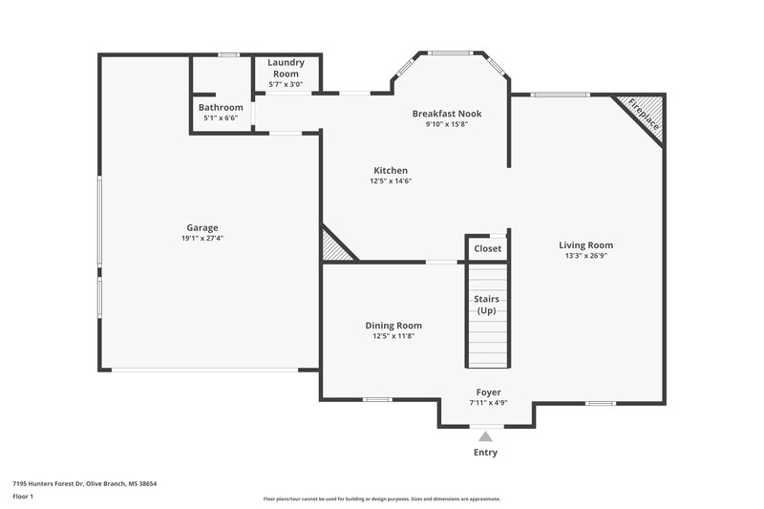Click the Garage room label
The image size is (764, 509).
point(202,227)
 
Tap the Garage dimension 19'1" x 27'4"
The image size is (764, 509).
point(202,239)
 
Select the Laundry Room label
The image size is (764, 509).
point(286,68)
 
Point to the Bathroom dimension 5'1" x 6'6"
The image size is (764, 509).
point(221,118)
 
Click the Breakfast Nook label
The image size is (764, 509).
point(446,114)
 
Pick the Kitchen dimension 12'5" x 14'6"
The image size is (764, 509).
point(391,181)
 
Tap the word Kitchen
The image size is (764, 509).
point(391,170)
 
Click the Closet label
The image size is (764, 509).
point(487,248)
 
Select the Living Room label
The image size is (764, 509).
point(585,244)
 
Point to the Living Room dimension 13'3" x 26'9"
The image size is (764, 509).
point(585,256)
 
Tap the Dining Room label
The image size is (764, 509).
point(393,326)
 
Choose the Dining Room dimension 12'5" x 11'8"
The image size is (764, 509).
point(393,336)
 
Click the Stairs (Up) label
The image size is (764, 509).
point(487,305)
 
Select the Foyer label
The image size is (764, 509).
point(488,392)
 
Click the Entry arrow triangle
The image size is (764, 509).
point(486,436)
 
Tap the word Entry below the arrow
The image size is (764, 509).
point(485,453)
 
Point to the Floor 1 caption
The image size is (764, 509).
point(24,498)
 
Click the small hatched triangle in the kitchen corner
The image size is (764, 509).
point(333,246)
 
